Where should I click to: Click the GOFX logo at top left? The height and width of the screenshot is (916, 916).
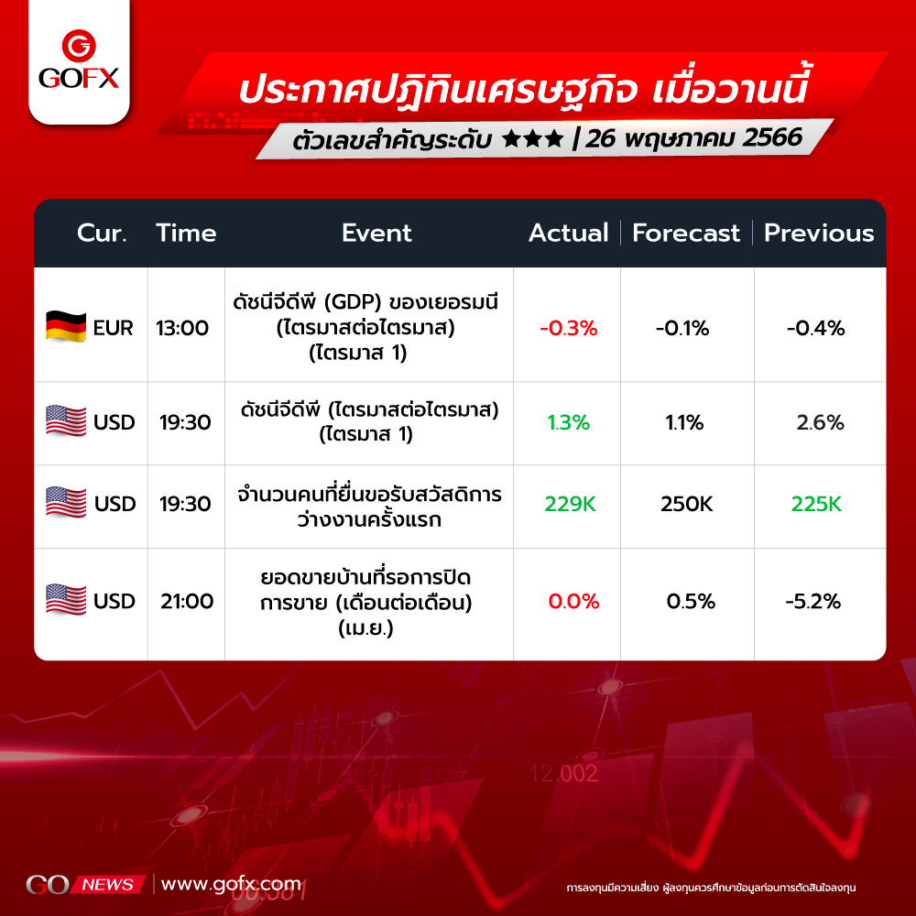coord(79,60)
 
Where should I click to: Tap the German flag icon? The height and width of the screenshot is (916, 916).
coord(66,327)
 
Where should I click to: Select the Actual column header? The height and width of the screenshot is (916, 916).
coord(569,233)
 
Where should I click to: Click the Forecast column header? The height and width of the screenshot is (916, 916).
coord(686,233)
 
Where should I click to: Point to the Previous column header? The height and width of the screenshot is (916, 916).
coord(819,233)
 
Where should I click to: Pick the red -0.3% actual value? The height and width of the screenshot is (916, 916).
coord(569,328)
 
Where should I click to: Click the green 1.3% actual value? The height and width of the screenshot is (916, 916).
coord(569,422)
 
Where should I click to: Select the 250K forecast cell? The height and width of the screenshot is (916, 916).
coord(686,504)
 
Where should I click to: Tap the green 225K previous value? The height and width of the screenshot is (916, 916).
coord(816,504)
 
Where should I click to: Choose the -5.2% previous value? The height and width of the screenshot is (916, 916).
coord(813,601)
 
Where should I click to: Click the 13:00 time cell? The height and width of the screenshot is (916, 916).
coord(182,328)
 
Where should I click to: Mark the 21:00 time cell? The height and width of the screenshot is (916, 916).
coord(187,601)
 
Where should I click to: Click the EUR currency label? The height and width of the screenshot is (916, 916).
coord(113,328)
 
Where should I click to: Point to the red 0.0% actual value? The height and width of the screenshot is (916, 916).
coord(573,601)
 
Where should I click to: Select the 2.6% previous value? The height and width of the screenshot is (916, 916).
coord(820,422)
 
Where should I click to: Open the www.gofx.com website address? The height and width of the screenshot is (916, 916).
coord(232,884)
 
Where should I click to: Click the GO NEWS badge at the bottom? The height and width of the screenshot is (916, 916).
coord(85,885)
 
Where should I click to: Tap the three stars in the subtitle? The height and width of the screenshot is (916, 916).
coord(532,139)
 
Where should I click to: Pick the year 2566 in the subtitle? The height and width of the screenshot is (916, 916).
coord(772,138)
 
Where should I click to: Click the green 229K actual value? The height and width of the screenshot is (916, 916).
coord(570,504)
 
